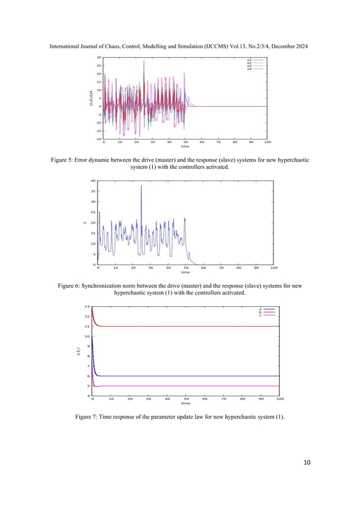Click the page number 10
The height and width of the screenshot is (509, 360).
[307, 463]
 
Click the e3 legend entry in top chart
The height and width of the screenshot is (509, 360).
[249, 65]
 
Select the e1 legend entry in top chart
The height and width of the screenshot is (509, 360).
[249, 59]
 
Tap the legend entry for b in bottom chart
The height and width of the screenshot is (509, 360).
[260, 311]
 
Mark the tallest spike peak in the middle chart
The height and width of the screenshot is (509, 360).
[141, 186]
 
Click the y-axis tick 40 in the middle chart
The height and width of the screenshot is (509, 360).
[93, 181]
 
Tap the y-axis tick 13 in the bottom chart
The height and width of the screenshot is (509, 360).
[87, 306]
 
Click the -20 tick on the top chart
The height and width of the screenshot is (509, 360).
[98, 139]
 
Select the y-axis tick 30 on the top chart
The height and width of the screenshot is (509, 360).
[99, 58]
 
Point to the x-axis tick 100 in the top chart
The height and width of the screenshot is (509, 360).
[267, 143]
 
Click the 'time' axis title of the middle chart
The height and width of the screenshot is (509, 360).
[185, 272]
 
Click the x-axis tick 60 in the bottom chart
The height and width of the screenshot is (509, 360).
[205, 399]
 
